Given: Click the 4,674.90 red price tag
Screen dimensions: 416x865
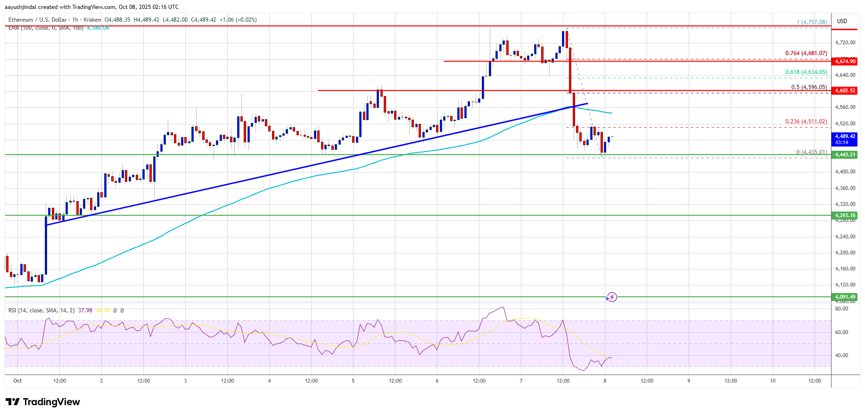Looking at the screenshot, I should tap(845, 61).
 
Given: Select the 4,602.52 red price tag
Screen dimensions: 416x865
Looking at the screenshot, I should tap(845, 90).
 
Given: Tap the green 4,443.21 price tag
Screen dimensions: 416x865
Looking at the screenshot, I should tap(845, 155).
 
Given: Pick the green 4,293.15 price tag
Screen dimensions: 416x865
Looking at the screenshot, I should tap(845, 215).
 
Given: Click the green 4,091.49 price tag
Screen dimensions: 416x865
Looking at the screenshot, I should tap(845, 297).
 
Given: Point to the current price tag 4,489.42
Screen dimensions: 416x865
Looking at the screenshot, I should tap(845, 139).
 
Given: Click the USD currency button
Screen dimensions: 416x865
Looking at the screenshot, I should tap(842, 21).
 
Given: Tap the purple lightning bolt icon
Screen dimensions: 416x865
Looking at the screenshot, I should tap(611, 297).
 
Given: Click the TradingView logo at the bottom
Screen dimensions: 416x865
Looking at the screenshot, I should tap(43, 402).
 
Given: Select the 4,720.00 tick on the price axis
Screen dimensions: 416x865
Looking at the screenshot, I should tap(845, 42).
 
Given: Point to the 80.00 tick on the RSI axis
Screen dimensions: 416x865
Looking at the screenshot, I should tap(841, 309).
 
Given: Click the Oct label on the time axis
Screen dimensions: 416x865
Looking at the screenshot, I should tap(17, 381).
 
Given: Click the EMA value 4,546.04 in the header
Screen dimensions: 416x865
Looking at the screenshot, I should tap(98, 28).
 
